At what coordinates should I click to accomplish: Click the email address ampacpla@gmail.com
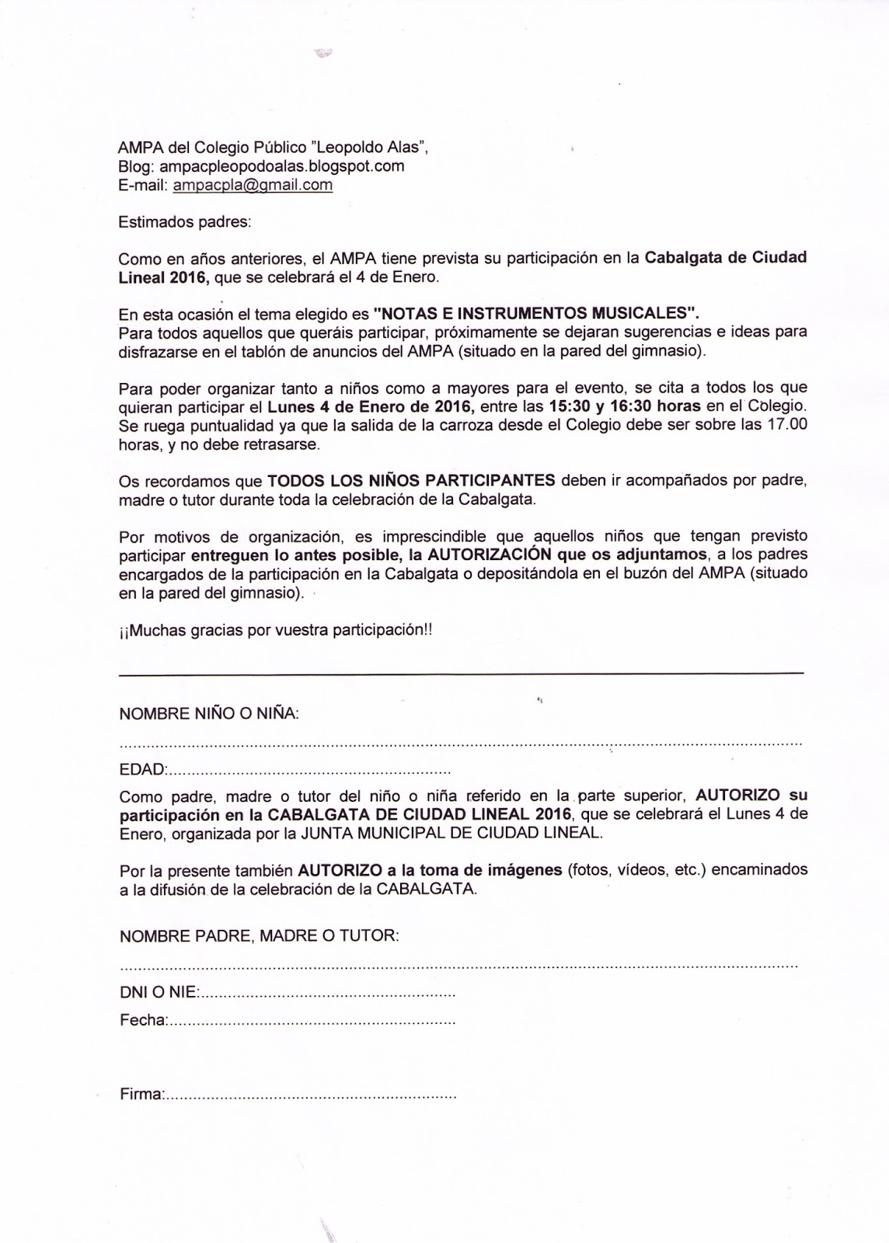tap(253, 185)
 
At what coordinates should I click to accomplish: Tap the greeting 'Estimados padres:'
tap(185, 221)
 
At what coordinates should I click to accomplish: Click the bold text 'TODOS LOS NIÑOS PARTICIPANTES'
tap(411, 479)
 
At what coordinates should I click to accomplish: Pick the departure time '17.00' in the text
tap(787, 425)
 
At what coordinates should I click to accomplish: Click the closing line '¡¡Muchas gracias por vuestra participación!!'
tap(275, 631)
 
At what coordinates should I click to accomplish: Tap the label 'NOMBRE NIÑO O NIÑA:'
tap(209, 713)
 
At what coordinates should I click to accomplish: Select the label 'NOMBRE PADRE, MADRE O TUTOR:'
tap(260, 936)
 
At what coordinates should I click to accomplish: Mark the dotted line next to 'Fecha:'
tap(311, 1021)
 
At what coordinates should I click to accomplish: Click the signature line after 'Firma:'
tap(310, 1098)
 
